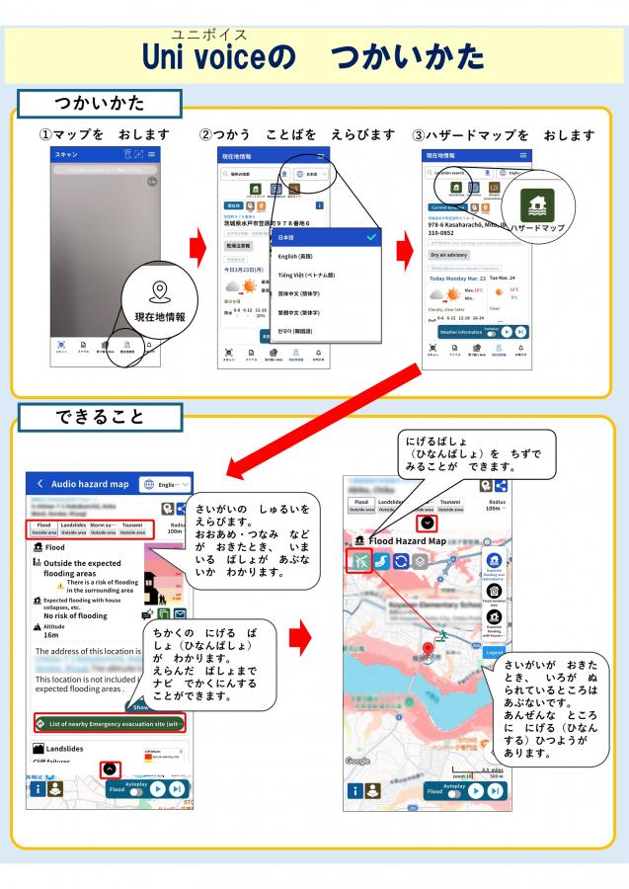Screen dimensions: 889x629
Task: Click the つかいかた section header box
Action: pos(99,104)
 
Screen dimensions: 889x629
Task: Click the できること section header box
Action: pos(99,417)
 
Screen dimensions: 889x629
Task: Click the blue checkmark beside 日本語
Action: pos(370,237)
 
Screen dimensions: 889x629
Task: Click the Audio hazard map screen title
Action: pos(91,484)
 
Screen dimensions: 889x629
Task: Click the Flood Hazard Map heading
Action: pos(407,541)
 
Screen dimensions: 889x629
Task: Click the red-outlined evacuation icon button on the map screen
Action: pos(358,561)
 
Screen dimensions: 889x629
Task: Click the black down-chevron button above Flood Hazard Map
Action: pos(427,524)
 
